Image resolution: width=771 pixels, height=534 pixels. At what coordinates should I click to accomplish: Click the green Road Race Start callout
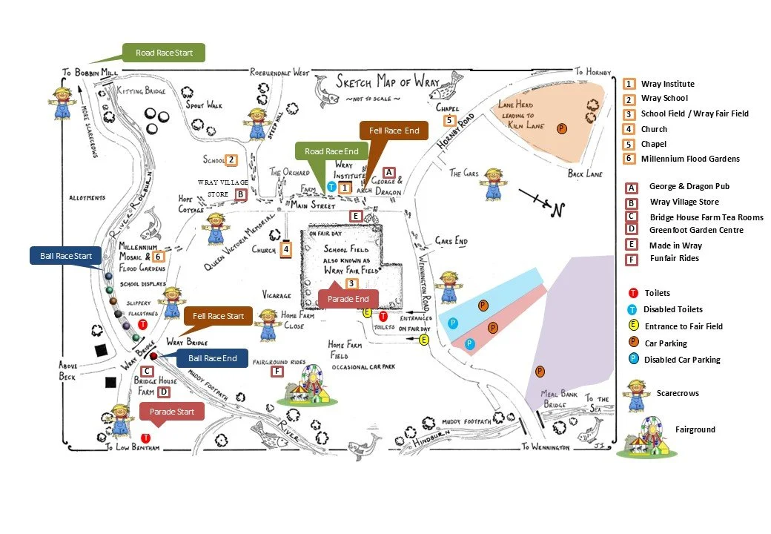[x=165, y=53]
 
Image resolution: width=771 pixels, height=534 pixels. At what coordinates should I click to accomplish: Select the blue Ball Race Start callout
[x=67, y=256]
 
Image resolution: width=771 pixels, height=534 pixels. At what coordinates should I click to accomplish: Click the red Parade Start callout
[x=171, y=412]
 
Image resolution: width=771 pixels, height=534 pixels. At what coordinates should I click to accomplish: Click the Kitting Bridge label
[x=141, y=90]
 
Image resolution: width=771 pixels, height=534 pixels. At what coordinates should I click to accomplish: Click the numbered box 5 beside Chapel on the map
[x=449, y=120]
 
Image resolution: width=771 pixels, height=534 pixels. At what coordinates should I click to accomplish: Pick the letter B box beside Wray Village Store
[x=240, y=194]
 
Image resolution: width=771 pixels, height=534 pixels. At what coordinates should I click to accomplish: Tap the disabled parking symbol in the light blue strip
[x=453, y=323]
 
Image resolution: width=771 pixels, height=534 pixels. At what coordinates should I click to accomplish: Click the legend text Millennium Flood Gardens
[x=690, y=159]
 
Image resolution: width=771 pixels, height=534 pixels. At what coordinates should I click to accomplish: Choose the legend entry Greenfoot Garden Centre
[x=696, y=230]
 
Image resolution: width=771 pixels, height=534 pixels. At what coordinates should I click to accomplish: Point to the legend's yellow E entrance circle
[x=633, y=326]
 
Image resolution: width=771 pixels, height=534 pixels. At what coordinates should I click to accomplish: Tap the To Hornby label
[x=593, y=72]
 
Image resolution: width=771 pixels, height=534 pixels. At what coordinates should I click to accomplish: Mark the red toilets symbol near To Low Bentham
[x=145, y=438]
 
